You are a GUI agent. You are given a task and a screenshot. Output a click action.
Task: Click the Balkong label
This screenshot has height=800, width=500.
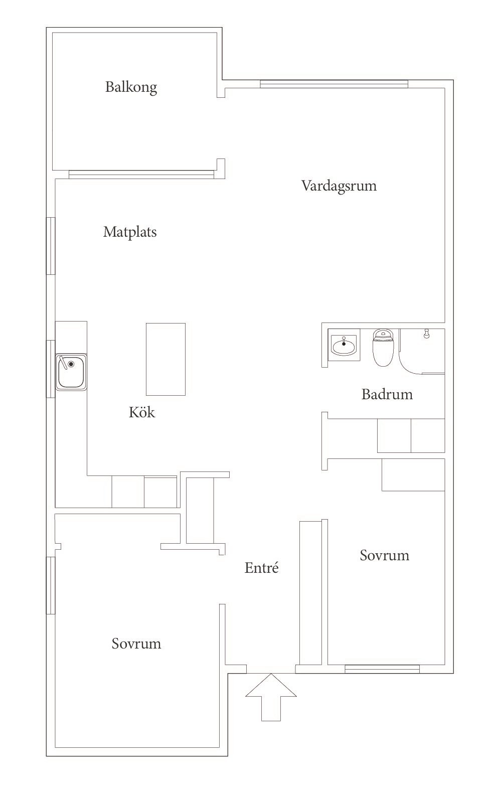coord(131,87)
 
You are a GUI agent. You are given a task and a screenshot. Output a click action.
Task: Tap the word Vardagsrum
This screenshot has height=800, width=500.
coord(339,186)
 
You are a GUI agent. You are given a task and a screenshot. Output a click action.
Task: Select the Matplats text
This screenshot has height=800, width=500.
coord(130,232)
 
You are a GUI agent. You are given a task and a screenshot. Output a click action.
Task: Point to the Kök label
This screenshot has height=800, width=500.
coord(142,412)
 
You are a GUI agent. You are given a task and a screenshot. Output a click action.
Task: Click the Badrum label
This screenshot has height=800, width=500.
coord(387,394)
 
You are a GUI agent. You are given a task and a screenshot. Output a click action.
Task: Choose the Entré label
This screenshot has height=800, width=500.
coord(261,568)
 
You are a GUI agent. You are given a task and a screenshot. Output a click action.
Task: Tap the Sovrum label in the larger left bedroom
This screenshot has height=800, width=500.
coord(136,644)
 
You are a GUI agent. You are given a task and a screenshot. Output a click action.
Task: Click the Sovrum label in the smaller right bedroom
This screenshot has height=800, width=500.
coord(384,555)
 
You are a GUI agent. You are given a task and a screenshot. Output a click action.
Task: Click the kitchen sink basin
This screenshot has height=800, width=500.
coord(71,372)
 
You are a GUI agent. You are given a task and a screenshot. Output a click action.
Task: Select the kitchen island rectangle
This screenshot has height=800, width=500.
coord(165,359)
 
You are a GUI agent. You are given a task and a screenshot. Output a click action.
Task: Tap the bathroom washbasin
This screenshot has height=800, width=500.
coord(344,345)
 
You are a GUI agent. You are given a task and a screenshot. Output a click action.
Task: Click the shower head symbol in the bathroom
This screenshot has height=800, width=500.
coord(427,334)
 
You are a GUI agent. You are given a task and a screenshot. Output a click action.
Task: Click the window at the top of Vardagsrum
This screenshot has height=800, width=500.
coord(334,84)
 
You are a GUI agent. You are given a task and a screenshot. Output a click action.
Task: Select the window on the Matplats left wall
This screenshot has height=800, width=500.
coord(51,246)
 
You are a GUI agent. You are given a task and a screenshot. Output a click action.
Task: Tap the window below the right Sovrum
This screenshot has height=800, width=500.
coord(382,668)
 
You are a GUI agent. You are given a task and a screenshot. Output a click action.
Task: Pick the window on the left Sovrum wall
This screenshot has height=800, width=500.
coord(51,585)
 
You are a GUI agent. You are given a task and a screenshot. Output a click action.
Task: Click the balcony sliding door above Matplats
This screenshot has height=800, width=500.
coord(140,175)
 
